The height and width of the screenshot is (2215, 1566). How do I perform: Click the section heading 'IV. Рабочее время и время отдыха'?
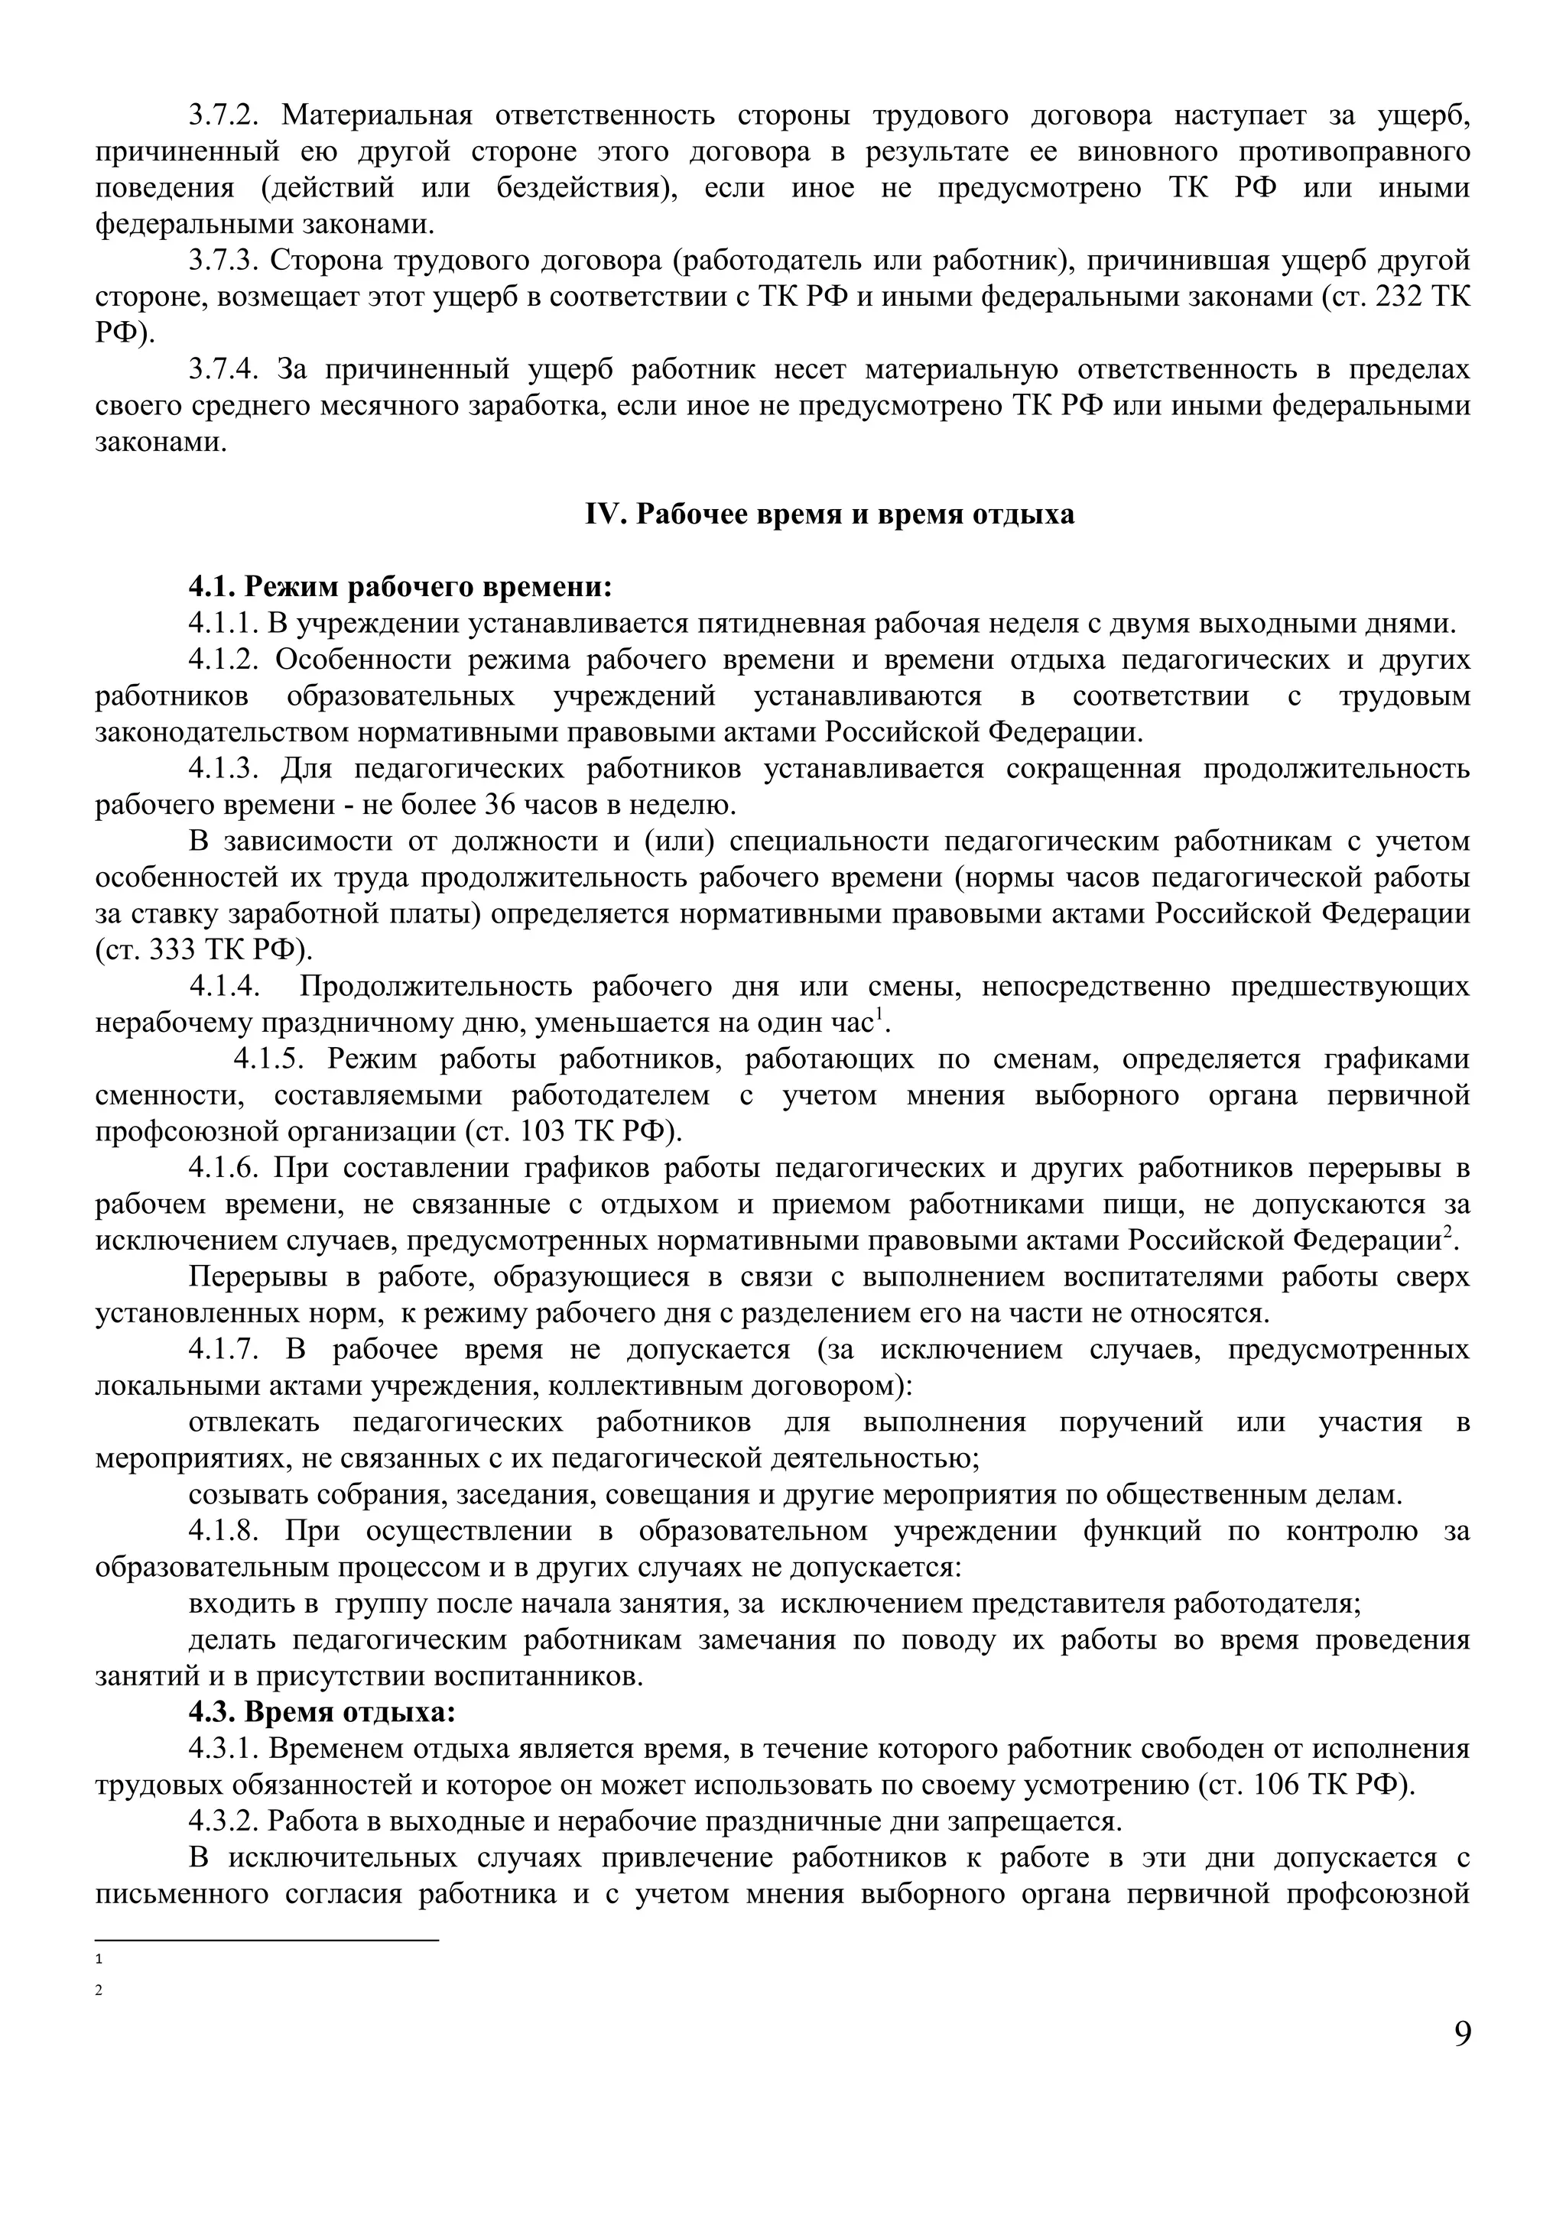click(830, 514)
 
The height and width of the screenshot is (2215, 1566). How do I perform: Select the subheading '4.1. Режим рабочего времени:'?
click(401, 586)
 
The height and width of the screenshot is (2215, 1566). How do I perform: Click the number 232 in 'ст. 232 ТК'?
click(1400, 297)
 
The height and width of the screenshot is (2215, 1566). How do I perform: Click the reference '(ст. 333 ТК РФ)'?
click(205, 950)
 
